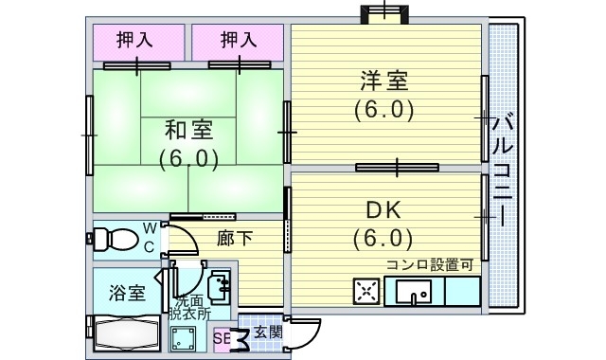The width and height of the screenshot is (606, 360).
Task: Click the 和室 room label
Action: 188,129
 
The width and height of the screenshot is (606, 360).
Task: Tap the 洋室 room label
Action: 384,80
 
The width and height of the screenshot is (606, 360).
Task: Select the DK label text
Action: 384,208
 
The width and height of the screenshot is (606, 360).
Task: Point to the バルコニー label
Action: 504,166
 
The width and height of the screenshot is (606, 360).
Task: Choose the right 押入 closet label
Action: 239,40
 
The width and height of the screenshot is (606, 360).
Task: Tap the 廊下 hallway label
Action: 235,238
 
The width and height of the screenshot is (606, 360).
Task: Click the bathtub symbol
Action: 126,333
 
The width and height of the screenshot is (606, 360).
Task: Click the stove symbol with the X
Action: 366,291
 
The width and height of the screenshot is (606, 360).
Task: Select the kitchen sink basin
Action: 413,291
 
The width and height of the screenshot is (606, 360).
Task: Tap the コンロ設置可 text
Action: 429,264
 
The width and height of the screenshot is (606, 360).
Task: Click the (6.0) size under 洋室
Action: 384,109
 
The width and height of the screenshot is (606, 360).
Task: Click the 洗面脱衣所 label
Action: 190,308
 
